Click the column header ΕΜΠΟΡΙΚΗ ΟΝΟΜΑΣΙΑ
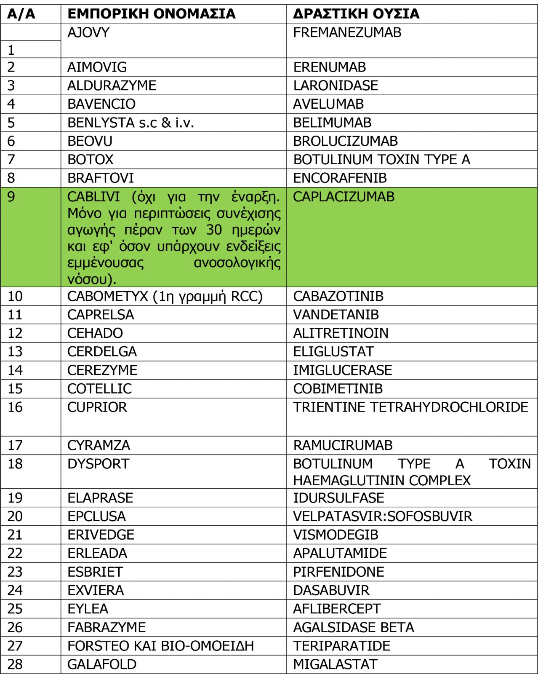pos(151,14)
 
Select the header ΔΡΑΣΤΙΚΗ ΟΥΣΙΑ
pos(356,14)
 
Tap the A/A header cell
pos(21,14)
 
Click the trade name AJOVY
pos(88,32)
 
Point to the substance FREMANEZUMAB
pos(347,32)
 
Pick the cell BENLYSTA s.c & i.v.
pos(131,123)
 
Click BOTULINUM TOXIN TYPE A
pos(381,160)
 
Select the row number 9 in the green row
pos(11,197)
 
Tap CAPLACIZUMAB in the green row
pos(344,197)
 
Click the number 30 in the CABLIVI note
pos(214,230)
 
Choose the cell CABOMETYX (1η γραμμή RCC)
pos(165,296)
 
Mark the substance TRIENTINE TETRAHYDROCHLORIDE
pos(410,407)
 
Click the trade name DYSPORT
pos(98,464)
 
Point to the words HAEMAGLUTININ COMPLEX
pos(381,480)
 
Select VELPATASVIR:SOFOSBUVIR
pos(382,516)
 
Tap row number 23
pos(15,572)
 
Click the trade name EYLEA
pos(88,609)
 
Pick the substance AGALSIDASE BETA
pos(353,627)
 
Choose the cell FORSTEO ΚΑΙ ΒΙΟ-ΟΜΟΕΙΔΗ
pos(160,646)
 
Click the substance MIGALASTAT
pos(335,664)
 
